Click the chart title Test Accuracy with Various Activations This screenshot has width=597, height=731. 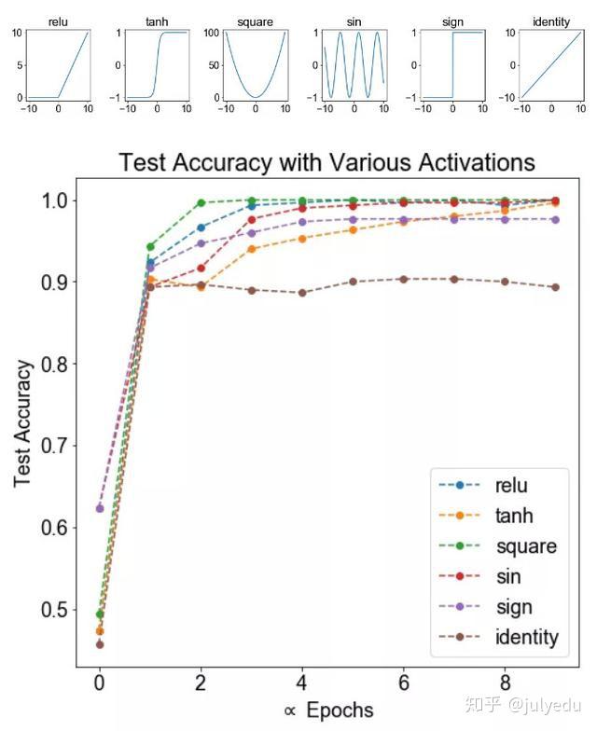click(326, 162)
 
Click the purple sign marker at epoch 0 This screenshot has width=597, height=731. click(100, 508)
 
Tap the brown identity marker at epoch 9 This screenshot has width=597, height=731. click(555, 287)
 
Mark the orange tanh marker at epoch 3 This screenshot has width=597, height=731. click(252, 249)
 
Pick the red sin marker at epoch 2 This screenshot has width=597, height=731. click(201, 269)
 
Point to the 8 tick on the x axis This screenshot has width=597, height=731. click(505, 684)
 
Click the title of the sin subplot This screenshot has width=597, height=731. click(353, 21)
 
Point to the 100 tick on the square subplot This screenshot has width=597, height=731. click(213, 34)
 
